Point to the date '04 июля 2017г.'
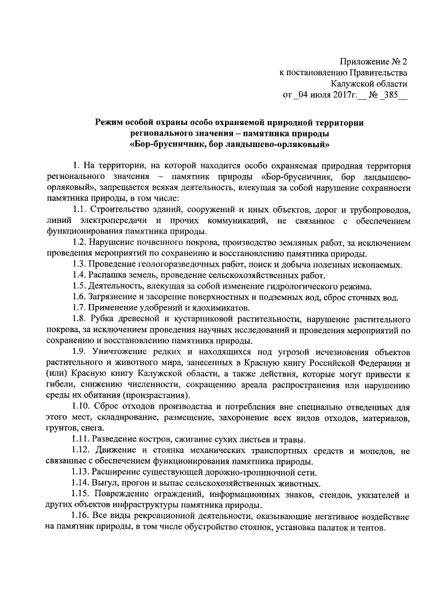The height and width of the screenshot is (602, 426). (323, 95)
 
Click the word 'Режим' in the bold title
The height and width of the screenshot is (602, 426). (110, 122)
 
